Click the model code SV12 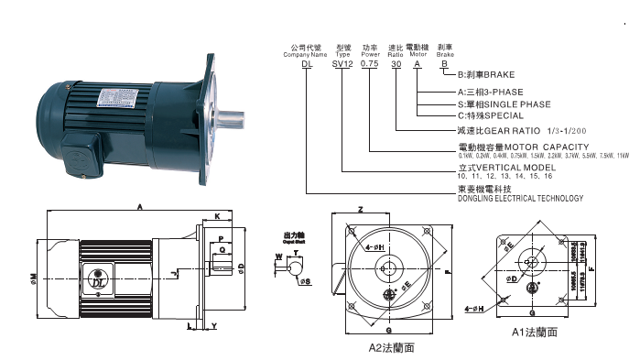[342, 65]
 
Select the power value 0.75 [370, 65]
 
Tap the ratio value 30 [396, 65]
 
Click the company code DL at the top [308, 65]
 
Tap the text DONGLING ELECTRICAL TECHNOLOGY [519, 197]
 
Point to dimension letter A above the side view [138, 208]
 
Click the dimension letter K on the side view [216, 217]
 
